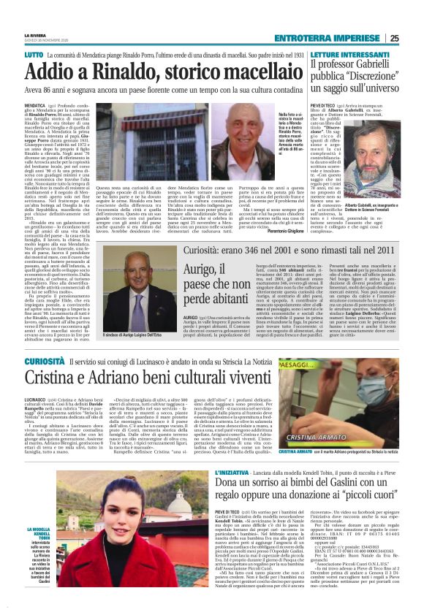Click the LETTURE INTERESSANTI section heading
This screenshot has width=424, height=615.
point(330,55)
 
